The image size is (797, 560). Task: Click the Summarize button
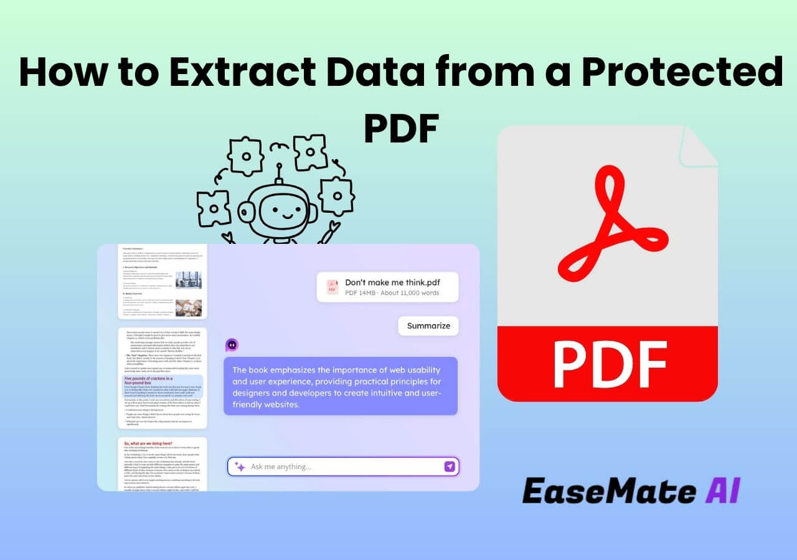click(428, 326)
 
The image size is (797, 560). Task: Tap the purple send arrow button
click(450, 467)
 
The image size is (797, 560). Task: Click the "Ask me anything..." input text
click(281, 467)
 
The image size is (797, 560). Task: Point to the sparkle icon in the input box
click(240, 467)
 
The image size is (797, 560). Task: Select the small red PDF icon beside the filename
click(332, 287)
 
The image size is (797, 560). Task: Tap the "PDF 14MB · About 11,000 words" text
click(392, 293)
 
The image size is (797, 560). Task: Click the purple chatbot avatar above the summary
click(232, 345)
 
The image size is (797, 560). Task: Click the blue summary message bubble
click(341, 386)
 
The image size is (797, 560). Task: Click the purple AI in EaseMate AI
click(724, 491)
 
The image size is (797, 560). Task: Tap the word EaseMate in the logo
click(609, 491)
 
